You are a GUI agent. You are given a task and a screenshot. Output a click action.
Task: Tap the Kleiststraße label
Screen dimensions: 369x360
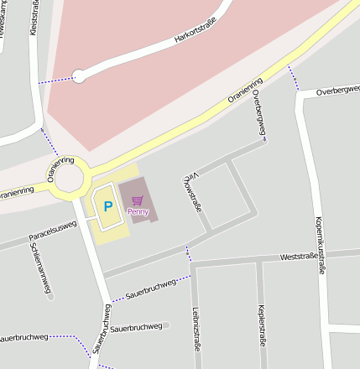[34, 19]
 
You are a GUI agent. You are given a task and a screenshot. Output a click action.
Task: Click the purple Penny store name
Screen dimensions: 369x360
[138, 211]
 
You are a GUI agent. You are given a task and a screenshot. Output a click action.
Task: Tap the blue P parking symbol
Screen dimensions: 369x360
[107, 205]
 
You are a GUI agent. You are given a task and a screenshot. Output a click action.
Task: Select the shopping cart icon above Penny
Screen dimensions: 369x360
[138, 200]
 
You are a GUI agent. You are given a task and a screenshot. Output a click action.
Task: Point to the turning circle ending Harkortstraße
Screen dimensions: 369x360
[79, 76]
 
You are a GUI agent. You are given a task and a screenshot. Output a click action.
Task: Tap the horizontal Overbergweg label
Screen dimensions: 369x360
[337, 90]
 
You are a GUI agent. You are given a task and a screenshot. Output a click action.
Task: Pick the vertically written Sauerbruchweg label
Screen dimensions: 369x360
[104, 328]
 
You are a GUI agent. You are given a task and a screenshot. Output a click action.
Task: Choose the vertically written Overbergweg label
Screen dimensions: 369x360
[262, 120]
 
